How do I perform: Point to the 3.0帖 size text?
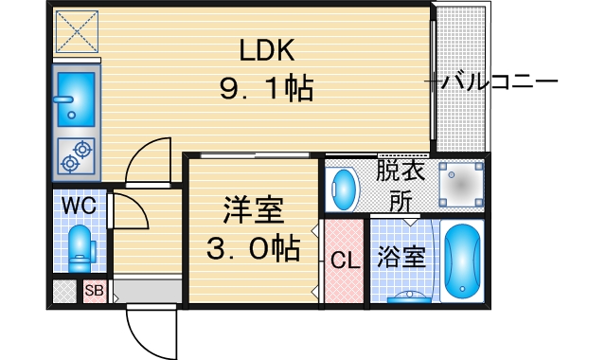tap(254, 249)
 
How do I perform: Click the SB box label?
tap(93, 291)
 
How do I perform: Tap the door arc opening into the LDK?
tap(146, 157)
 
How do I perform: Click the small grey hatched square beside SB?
tap(63, 291)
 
